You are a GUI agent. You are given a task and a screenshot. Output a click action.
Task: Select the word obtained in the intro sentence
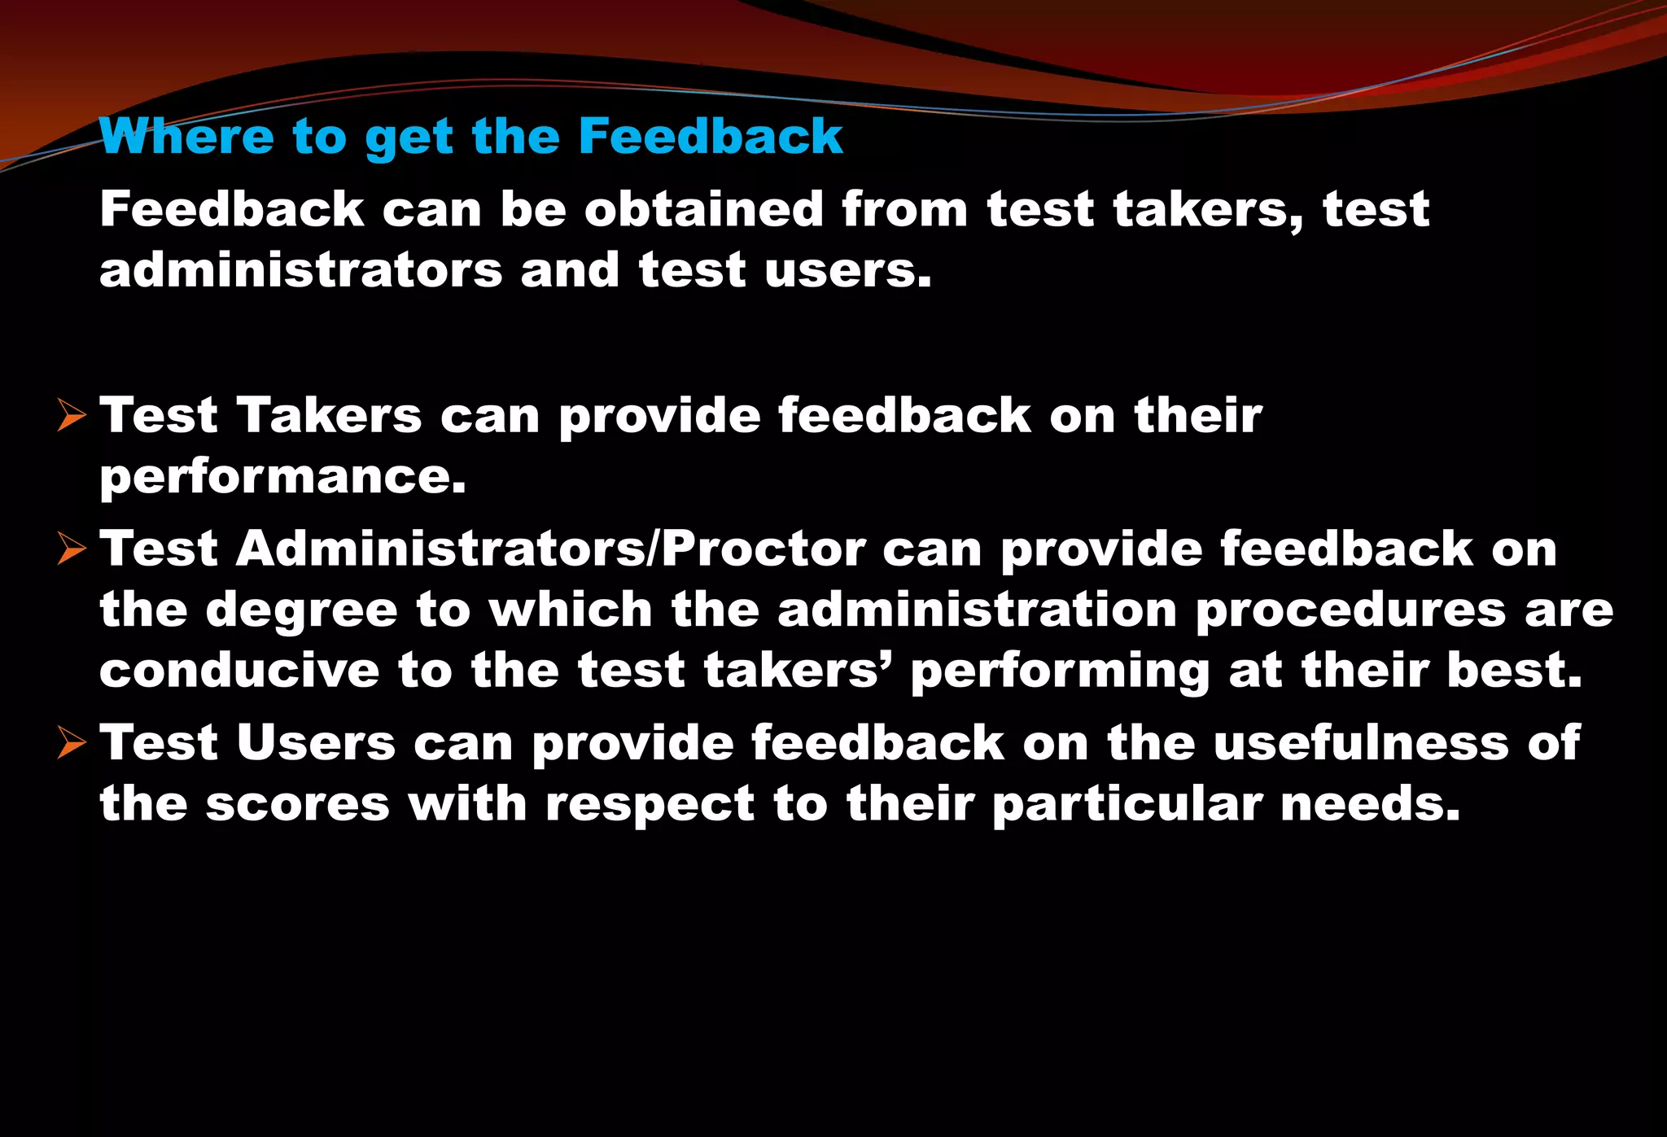704,209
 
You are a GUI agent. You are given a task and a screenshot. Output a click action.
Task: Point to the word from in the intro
905,209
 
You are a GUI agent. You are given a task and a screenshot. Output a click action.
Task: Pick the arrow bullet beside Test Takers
72,417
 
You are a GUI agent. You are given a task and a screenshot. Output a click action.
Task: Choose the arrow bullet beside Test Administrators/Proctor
72,550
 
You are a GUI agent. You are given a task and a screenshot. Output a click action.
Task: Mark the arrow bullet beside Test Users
72,744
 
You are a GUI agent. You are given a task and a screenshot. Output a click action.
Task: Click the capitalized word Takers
330,416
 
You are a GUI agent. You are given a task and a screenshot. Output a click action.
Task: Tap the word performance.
282,477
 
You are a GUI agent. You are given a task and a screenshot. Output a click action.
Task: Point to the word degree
301,612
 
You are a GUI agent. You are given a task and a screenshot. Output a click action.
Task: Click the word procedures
1350,610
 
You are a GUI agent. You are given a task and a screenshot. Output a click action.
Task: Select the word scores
297,804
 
